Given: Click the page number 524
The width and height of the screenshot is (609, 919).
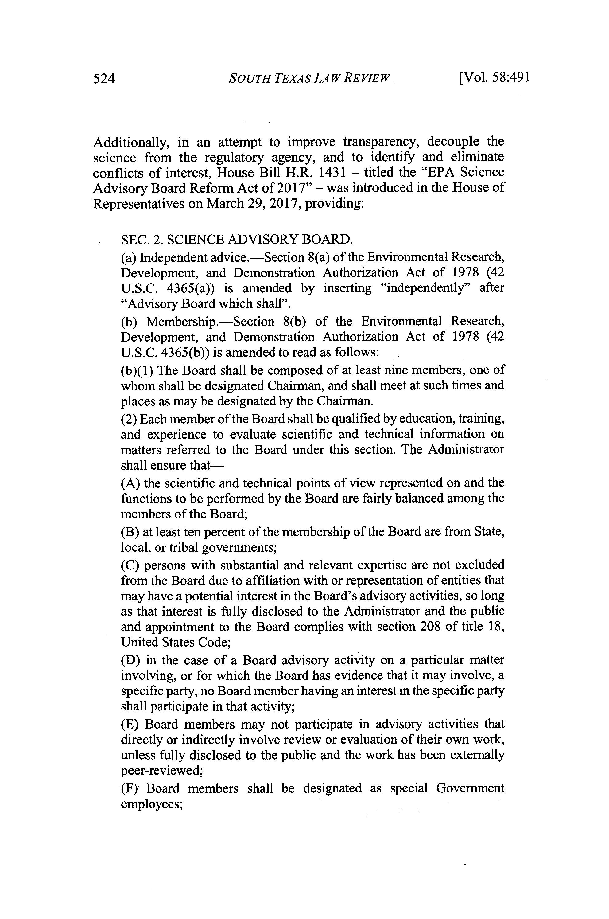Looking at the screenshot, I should point(104,79).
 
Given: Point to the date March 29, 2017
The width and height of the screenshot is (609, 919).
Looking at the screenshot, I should point(252,204).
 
